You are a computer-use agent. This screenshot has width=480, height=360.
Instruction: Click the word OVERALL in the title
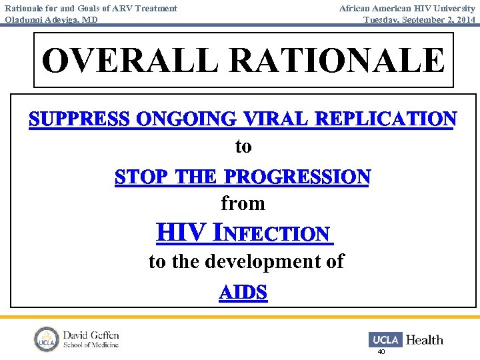coord(129,61)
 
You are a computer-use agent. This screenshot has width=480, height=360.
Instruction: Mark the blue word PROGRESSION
coord(297,177)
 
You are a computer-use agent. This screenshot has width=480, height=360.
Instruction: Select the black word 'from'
coord(243,203)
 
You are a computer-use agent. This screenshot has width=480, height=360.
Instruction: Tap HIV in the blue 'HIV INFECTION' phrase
coord(181,233)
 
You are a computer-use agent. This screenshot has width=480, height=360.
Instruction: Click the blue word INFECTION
coord(273,234)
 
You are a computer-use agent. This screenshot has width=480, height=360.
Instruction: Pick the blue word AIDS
coord(243,293)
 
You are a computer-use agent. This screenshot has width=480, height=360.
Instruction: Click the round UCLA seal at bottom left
coord(47,339)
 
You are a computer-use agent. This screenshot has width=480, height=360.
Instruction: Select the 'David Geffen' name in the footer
coord(91,335)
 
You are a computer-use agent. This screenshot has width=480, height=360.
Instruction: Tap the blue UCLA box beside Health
coord(385,339)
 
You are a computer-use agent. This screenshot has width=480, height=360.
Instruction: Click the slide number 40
coord(381,351)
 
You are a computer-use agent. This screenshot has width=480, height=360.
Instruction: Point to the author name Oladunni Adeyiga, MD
coord(51,20)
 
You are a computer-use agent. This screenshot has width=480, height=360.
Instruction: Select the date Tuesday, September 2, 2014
coord(419,20)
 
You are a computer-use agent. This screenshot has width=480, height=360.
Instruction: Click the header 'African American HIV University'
coord(407,8)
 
